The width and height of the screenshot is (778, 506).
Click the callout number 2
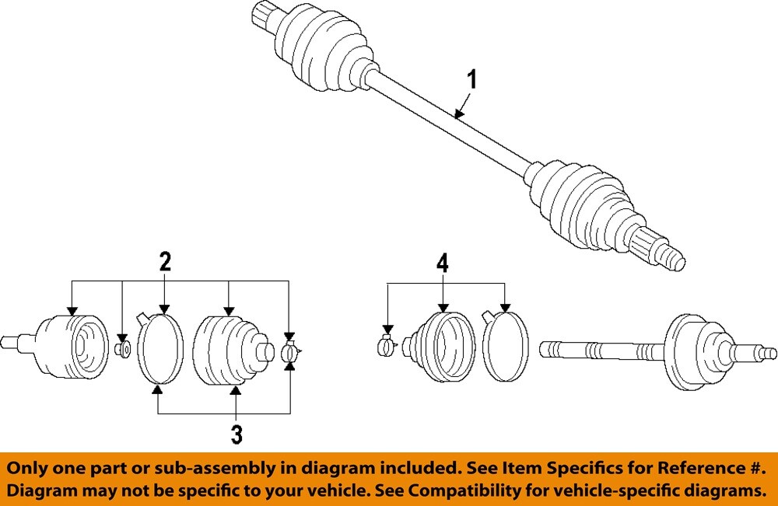tap(165, 262)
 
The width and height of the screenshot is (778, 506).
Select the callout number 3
tap(236, 434)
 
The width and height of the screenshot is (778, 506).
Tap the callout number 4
tap(442, 263)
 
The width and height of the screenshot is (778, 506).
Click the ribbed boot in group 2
tap(229, 349)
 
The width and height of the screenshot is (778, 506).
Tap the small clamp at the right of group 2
tap(289, 352)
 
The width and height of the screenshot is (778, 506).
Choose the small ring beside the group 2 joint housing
tap(121, 348)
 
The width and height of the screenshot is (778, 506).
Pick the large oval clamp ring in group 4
tap(505, 347)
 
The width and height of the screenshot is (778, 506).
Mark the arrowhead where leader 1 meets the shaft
tap(458, 117)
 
